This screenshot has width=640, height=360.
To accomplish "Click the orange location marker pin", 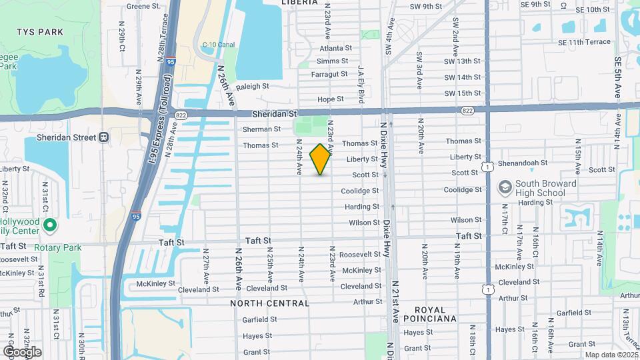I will click(x=321, y=159).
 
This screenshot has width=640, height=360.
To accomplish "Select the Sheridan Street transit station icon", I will click(x=104, y=137).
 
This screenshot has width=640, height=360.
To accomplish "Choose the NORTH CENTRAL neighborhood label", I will click(x=270, y=303).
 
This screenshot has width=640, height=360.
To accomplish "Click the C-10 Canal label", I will click(x=215, y=45).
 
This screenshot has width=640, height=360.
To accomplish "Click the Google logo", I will click(x=22, y=351).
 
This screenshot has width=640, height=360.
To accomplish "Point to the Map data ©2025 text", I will click(x=611, y=355).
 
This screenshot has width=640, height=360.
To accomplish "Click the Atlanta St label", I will click(x=335, y=48).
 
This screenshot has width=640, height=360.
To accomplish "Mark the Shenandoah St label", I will click(x=524, y=162).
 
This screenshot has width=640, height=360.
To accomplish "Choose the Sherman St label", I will click(x=261, y=129).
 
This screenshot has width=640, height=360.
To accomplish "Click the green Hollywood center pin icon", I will click(x=48, y=227).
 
